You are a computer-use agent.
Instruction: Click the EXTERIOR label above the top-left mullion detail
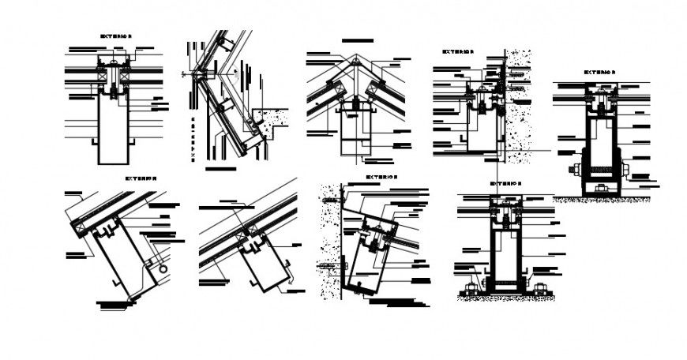pos(116,36)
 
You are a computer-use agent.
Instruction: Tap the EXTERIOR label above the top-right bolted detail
pos(599,72)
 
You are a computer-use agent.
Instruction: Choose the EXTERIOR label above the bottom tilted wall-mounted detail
pos(381,178)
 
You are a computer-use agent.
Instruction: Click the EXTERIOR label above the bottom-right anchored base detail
pos(505,184)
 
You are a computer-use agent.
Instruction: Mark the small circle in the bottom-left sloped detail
pos(163,269)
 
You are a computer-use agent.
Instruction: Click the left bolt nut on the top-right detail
pos(574,169)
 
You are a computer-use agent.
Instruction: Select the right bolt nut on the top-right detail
pos(625,169)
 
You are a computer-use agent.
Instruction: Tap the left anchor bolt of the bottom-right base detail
pos(472,287)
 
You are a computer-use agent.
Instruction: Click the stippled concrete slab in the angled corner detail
pos(273,118)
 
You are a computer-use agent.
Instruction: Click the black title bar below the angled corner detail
pos(220,168)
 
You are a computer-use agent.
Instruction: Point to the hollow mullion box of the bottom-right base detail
pos(506,253)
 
